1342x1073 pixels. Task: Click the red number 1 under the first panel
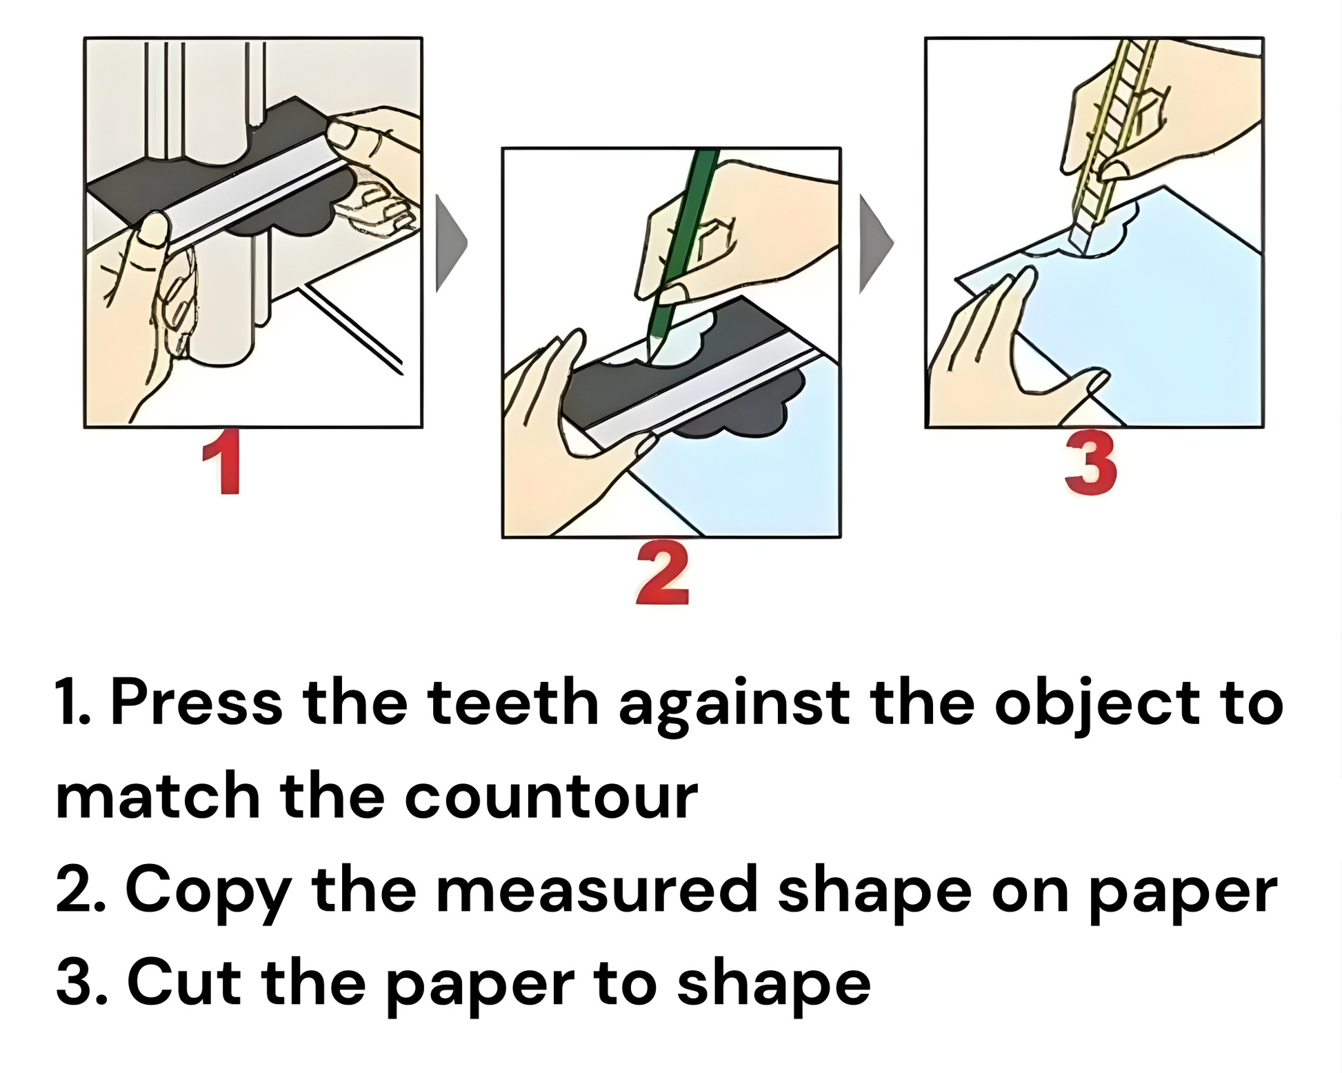(223, 461)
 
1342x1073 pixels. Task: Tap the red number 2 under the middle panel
(662, 573)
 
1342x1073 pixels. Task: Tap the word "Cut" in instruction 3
(183, 983)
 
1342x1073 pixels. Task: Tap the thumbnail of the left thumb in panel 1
(153, 230)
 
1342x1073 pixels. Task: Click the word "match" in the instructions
(158, 795)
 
